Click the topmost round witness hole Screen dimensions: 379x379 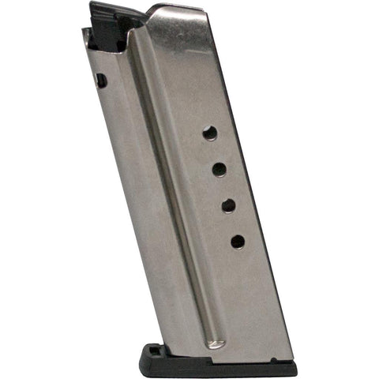click(x=210, y=133)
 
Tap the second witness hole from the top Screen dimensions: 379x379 click(x=220, y=169)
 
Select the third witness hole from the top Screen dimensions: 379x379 click(x=229, y=205)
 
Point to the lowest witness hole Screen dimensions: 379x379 click(x=238, y=242)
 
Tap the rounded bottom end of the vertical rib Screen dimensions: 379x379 click(x=215, y=343)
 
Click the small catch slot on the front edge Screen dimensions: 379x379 click(x=102, y=80)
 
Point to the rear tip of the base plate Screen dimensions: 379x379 click(x=295, y=367)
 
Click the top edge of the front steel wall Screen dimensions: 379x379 click(x=87, y=33)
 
